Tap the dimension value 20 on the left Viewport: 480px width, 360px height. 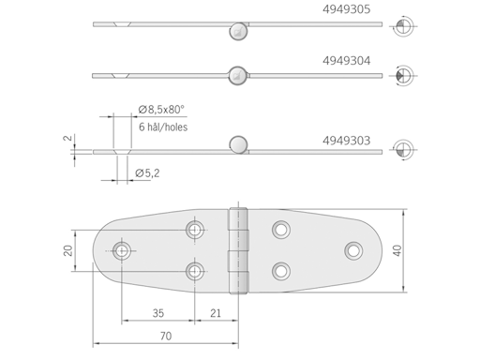(68, 249)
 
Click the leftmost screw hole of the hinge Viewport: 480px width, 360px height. (122, 249)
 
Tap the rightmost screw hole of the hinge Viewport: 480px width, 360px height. (352, 249)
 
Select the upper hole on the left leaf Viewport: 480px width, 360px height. (194, 228)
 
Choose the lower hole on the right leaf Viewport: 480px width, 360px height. (280, 271)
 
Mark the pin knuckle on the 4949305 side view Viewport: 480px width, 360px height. (238, 32)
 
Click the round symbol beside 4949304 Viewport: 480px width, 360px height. (403, 74)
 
